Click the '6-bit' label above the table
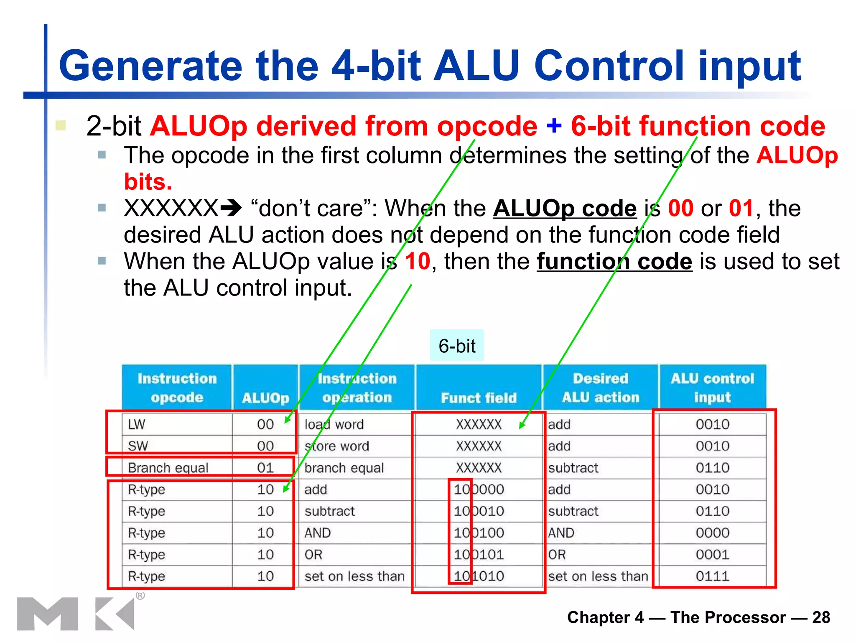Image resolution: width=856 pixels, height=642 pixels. point(457,346)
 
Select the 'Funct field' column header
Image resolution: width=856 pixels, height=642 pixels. point(479,397)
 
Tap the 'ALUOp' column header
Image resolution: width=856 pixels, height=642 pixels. point(265,397)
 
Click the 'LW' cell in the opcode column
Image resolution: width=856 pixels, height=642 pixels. point(137,424)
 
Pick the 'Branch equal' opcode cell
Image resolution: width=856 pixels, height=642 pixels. point(168,468)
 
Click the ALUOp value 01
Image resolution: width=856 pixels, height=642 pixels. point(265,468)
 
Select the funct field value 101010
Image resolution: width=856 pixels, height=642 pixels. point(479,576)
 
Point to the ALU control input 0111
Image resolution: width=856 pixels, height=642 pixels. point(713,576)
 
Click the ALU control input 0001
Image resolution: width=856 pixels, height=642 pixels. point(713,555)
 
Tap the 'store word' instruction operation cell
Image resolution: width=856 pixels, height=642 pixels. point(337,446)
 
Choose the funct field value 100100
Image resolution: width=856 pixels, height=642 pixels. point(479,533)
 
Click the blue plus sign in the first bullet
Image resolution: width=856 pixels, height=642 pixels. point(554,125)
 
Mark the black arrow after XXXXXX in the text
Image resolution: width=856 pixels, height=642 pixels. point(231,208)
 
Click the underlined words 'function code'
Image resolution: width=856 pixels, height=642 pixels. point(614,262)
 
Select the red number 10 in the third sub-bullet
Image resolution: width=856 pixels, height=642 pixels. point(417,262)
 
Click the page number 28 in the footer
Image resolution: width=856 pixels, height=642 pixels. point(821,617)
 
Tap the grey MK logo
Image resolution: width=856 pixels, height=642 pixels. point(75,613)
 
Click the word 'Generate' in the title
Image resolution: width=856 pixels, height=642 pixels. point(150,66)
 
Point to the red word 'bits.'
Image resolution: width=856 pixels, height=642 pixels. point(148,182)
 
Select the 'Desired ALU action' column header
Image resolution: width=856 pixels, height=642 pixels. point(601,387)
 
